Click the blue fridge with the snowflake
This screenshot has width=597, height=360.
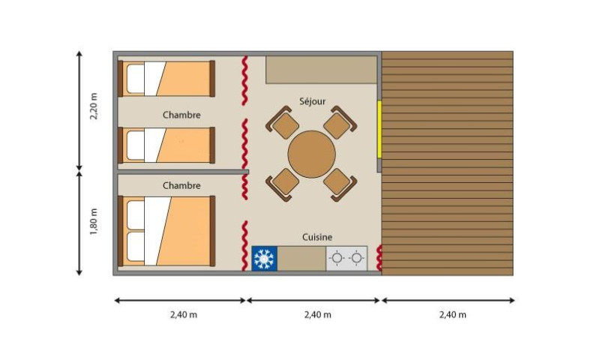(264, 259)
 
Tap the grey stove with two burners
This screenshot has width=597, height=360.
(346, 259)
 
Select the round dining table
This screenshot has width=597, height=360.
(311, 154)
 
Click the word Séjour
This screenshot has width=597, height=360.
(312, 101)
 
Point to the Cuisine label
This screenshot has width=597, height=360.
(317, 237)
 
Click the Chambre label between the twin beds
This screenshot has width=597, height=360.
(181, 115)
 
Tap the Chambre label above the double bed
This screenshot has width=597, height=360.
(181, 185)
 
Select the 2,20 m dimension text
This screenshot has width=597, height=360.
(94, 106)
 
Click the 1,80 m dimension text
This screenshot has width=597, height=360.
(94, 221)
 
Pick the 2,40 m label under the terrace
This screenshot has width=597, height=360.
(452, 315)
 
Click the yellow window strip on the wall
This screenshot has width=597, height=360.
(379, 130)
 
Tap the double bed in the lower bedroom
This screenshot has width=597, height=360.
(166, 231)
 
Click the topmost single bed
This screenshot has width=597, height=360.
(166, 79)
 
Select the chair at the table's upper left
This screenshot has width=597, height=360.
(282, 122)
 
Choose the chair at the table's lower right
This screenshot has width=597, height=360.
(340, 184)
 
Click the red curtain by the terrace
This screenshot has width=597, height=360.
(379, 258)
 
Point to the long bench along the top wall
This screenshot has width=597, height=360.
(321, 70)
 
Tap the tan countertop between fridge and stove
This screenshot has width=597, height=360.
(301, 259)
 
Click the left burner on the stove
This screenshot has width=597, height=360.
(337, 258)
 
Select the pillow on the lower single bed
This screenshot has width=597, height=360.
(135, 145)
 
